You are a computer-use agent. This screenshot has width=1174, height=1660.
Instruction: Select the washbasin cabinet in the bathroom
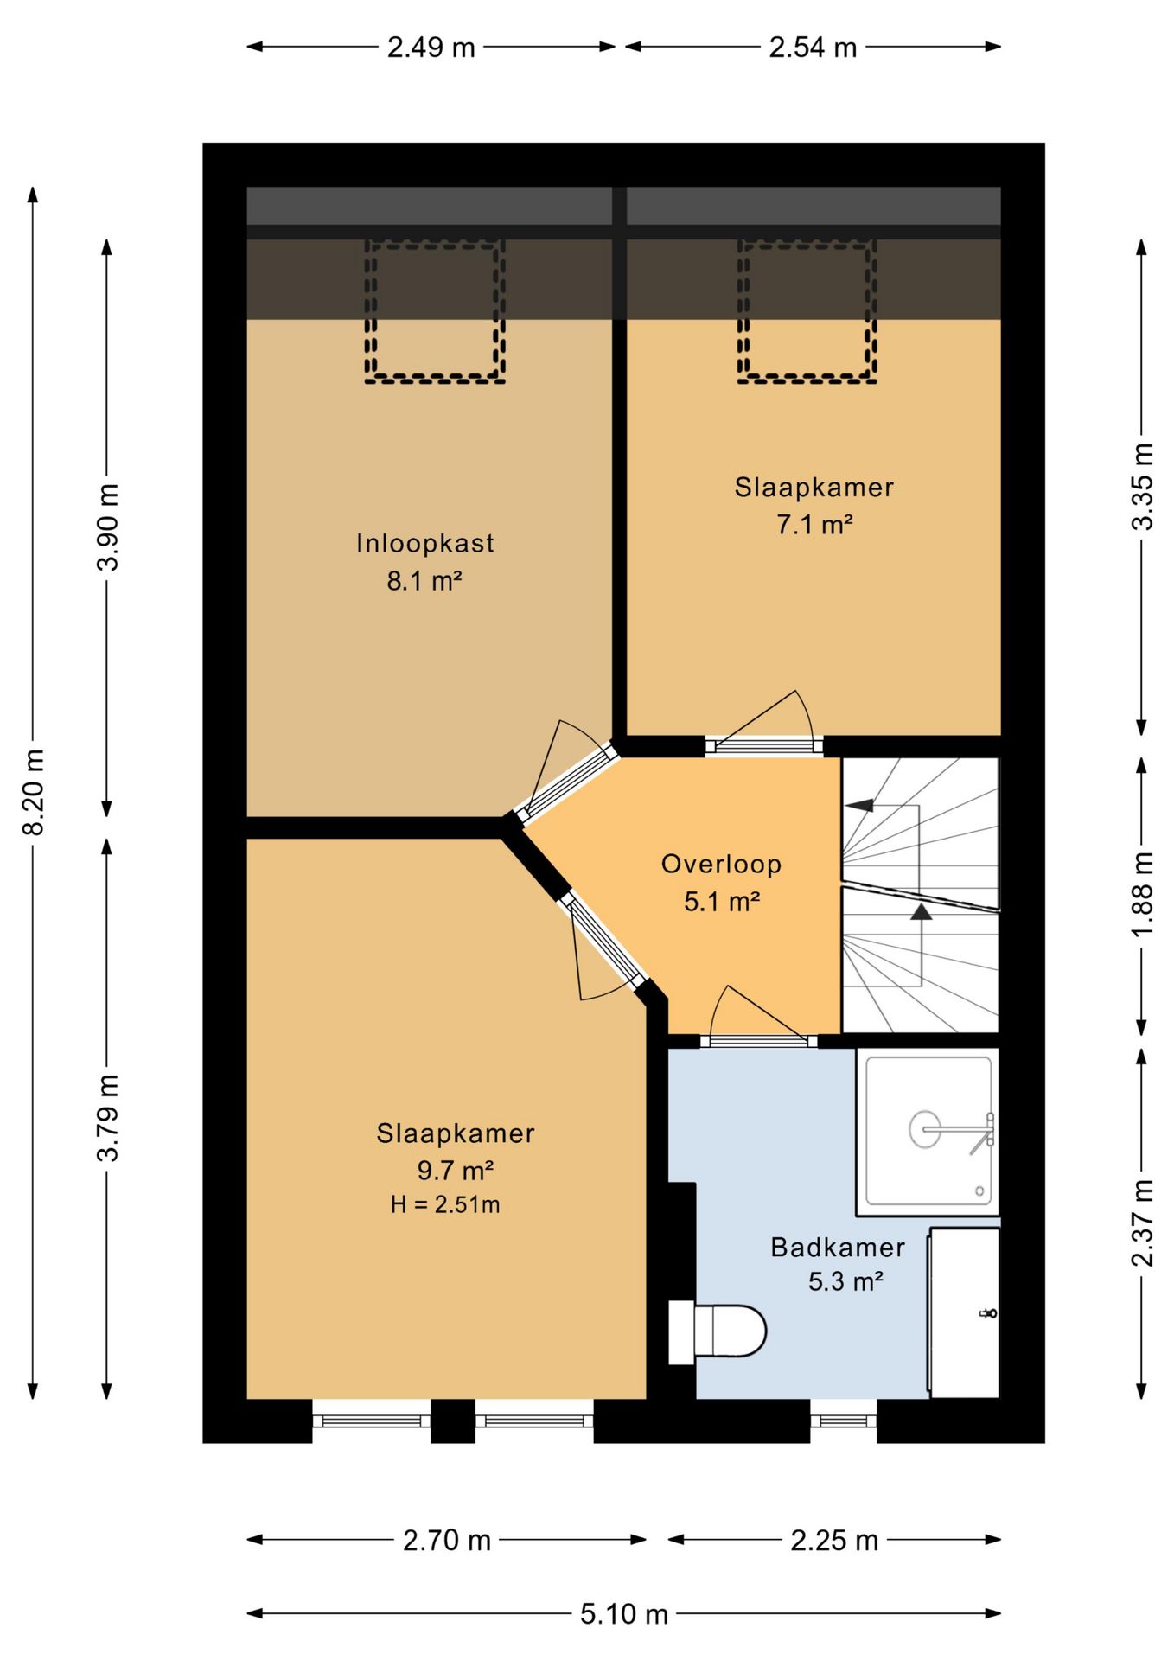coord(964,1312)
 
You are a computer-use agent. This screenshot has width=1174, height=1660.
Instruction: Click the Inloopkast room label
coord(425,543)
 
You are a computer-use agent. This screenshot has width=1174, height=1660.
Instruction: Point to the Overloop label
coord(721,864)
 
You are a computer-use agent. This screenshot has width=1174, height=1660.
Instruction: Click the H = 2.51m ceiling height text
coord(445,1204)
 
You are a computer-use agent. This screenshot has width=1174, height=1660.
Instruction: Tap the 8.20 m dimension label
coord(33,792)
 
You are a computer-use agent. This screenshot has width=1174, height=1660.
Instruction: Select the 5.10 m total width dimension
coord(624,1613)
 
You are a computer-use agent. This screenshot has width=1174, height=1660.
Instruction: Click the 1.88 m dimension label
coord(1142,895)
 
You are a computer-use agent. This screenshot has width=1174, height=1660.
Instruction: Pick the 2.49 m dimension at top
coord(431,47)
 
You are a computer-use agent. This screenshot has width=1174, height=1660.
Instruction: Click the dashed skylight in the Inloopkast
coord(435,311)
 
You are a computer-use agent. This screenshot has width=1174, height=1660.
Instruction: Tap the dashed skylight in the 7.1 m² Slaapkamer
coord(807,311)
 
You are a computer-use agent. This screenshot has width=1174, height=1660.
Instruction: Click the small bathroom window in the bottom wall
coord(844,1421)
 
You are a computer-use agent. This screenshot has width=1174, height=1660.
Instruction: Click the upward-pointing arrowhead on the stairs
coord(922,911)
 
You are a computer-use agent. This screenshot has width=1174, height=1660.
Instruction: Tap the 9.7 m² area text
coord(456,1171)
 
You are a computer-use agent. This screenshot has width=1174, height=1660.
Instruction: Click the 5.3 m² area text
coord(845,1281)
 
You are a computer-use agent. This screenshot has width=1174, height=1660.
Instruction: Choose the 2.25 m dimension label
coord(834,1540)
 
